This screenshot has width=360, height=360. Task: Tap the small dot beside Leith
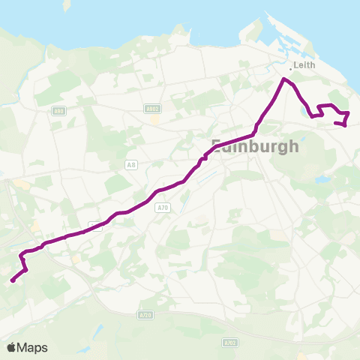[x=291, y=68]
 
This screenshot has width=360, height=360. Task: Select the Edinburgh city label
[x=255, y=146]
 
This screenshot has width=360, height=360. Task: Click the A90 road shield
[x=58, y=111]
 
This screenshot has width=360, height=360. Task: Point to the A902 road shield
[x=152, y=109]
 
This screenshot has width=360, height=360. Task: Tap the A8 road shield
[x=132, y=164]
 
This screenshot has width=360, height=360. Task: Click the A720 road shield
[x=145, y=315]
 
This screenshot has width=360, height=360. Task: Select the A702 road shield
[x=229, y=342]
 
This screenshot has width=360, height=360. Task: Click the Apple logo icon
[x=12, y=347]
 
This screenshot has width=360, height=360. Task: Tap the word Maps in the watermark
[x=32, y=348]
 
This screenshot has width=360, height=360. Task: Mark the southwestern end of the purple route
[x=12, y=282]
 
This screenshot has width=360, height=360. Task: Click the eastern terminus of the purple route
[x=344, y=124]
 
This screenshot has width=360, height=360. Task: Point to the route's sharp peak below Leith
[x=283, y=79]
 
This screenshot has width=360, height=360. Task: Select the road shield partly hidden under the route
[x=95, y=225]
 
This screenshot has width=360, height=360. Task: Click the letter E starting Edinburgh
[x=218, y=147]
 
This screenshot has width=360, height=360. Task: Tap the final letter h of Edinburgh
[x=292, y=146]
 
